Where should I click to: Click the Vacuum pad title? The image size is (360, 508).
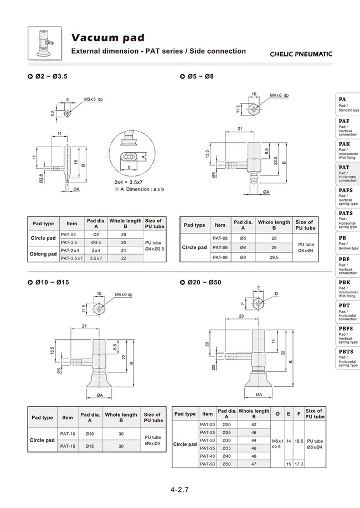pyautogui.click(x=108, y=38)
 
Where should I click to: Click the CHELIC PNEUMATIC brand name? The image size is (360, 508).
pyautogui.click(x=301, y=54)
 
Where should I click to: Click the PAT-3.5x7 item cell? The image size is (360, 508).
pyautogui.click(x=72, y=258)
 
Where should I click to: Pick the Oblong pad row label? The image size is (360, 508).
pyautogui.click(x=44, y=254)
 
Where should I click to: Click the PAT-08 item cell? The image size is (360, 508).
pyautogui.click(x=220, y=257)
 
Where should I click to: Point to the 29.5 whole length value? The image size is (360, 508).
pyautogui.click(x=274, y=257)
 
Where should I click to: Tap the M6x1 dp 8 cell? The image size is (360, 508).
pyautogui.click(x=276, y=443)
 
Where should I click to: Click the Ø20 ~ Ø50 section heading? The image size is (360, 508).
pyautogui.click(x=201, y=282)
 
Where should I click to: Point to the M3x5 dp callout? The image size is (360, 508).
pyautogui.click(x=93, y=99)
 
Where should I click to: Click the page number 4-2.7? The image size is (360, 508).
pyautogui.click(x=180, y=490)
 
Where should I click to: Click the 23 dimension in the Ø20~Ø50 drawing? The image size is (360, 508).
pyautogui.click(x=242, y=315)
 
